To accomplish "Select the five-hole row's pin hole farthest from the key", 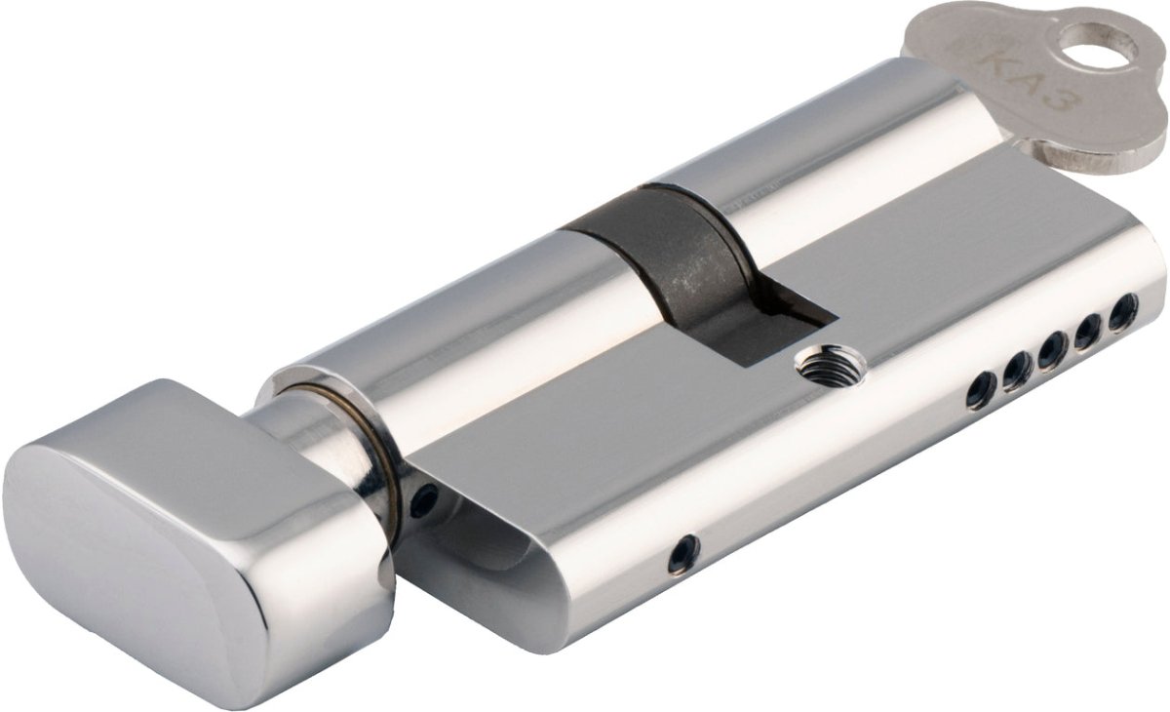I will tap(980, 390).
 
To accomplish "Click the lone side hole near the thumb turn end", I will tap(683, 553).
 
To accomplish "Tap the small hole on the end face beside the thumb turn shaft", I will tap(422, 502).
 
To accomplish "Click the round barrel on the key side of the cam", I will tap(829, 176).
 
